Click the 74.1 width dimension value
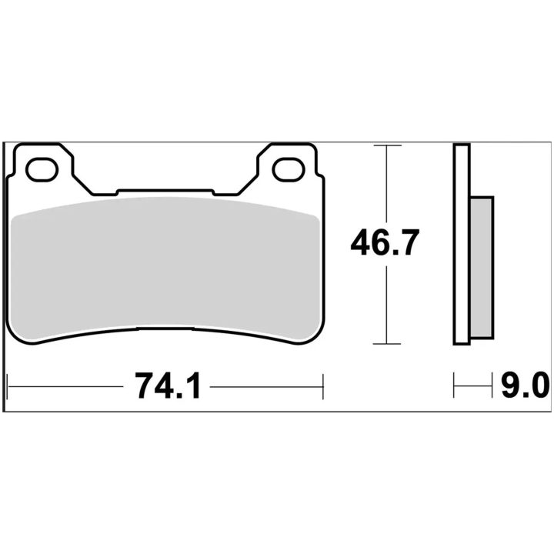(x=168, y=386)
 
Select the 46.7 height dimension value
(x=385, y=242)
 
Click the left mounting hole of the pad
(x=42, y=169)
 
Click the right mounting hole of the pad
(x=289, y=169)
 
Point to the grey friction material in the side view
(x=482, y=267)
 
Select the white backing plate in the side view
(x=462, y=244)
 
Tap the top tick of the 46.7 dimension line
(x=387, y=145)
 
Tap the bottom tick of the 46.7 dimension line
(x=387, y=343)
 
